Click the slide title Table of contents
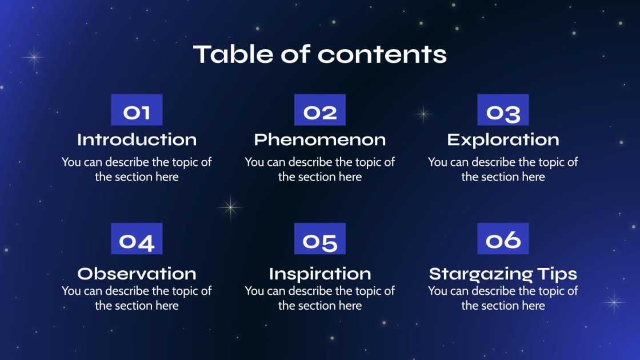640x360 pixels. (x=320, y=54)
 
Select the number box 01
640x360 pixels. (x=137, y=110)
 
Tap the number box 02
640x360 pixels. (x=320, y=110)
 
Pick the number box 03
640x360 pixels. (x=503, y=110)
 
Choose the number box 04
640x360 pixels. (x=137, y=239)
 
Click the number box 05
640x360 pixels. (x=320, y=239)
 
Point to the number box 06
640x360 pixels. (x=503, y=239)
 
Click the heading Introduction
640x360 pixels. (x=137, y=140)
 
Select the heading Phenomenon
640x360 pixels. (x=320, y=140)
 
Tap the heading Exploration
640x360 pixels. (x=503, y=140)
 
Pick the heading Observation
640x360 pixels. (x=137, y=274)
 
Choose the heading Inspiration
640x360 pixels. (x=320, y=274)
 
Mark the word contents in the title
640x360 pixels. (x=382, y=54)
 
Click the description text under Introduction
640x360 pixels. (x=137, y=170)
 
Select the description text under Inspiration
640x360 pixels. (x=320, y=298)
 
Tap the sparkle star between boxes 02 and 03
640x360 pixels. (x=423, y=114)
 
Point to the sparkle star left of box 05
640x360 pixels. (x=230, y=207)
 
